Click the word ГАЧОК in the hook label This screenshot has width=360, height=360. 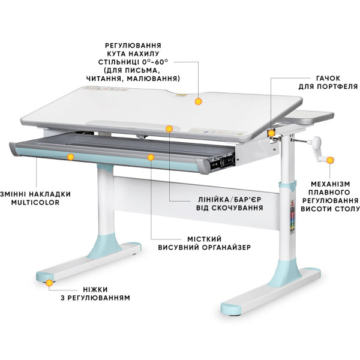(x=328, y=78)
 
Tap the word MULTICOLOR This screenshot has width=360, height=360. (x=35, y=203)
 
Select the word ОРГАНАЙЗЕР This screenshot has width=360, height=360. (x=226, y=247)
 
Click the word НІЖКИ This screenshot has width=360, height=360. (x=95, y=289)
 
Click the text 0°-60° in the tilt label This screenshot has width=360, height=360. (x=155, y=62)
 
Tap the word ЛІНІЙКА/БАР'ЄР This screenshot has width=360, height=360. (x=230, y=199)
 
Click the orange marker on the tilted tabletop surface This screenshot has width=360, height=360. (x=198, y=101)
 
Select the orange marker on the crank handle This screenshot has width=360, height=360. (x=330, y=160)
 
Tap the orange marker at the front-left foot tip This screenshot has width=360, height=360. (x=49, y=283)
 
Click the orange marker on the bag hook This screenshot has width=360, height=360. (x=271, y=133)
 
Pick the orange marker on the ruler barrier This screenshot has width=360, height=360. (x=169, y=129)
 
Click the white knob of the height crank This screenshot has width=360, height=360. (x=316, y=141)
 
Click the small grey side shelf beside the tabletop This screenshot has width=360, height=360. (x=310, y=117)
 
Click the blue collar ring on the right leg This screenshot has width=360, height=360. (x=287, y=186)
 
